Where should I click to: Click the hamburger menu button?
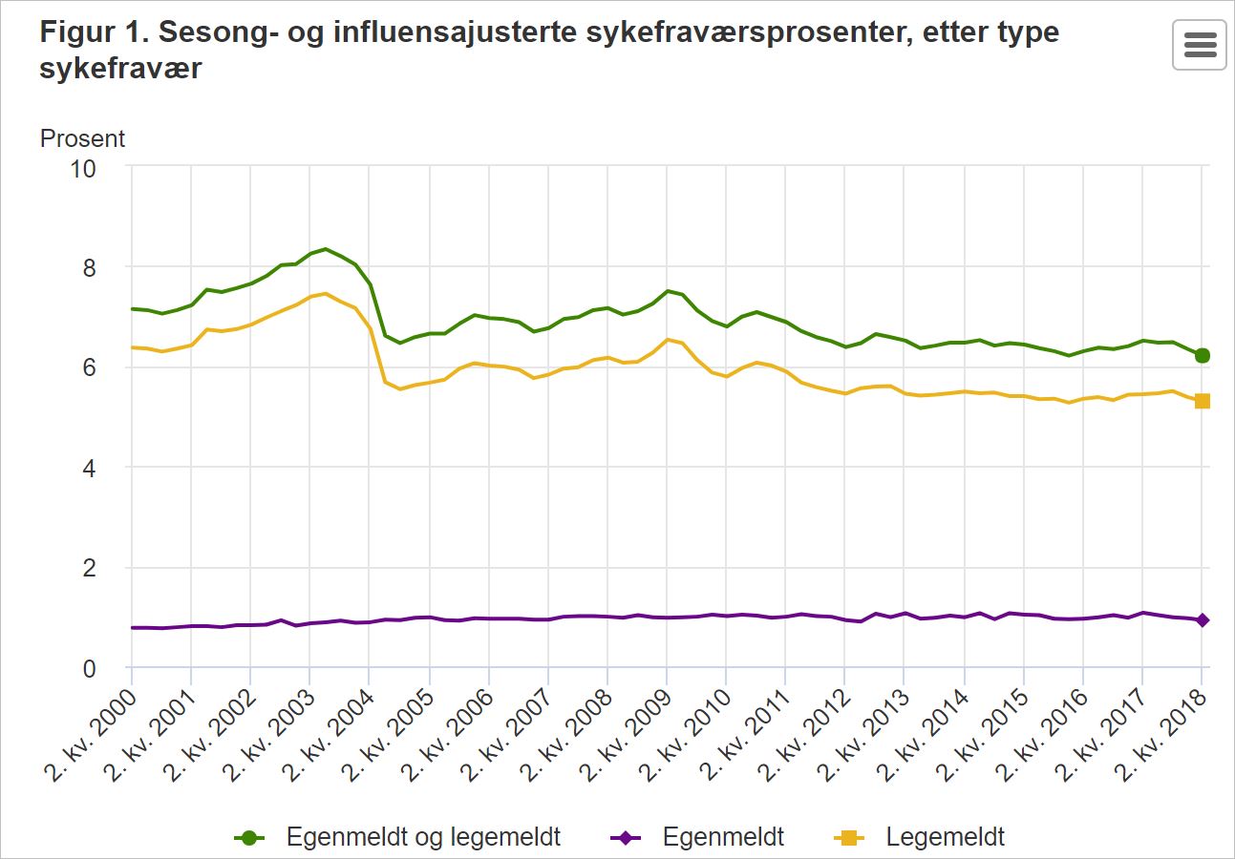[x=1200, y=45]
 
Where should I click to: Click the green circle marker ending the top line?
[x=1203, y=355]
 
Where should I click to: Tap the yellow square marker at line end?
[x=1203, y=401]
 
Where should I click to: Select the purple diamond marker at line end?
[x=1203, y=619]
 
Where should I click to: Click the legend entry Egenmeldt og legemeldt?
[x=397, y=837]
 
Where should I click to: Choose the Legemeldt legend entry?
[x=920, y=837]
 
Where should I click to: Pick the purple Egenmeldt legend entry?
[x=697, y=837]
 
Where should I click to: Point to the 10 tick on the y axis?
[x=83, y=169]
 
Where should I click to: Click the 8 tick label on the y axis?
[x=90, y=268]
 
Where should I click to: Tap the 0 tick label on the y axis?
[x=90, y=668]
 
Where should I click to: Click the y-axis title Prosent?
[x=83, y=138]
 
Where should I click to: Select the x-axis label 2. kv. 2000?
[x=91, y=736]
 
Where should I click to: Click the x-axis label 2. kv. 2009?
[x=627, y=736]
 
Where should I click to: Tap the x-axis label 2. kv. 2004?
[x=329, y=736]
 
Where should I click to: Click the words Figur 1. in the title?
[x=95, y=32]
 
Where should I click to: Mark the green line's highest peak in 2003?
[x=326, y=249]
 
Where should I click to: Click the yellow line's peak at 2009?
[x=667, y=340]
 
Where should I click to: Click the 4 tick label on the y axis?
[x=90, y=469]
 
